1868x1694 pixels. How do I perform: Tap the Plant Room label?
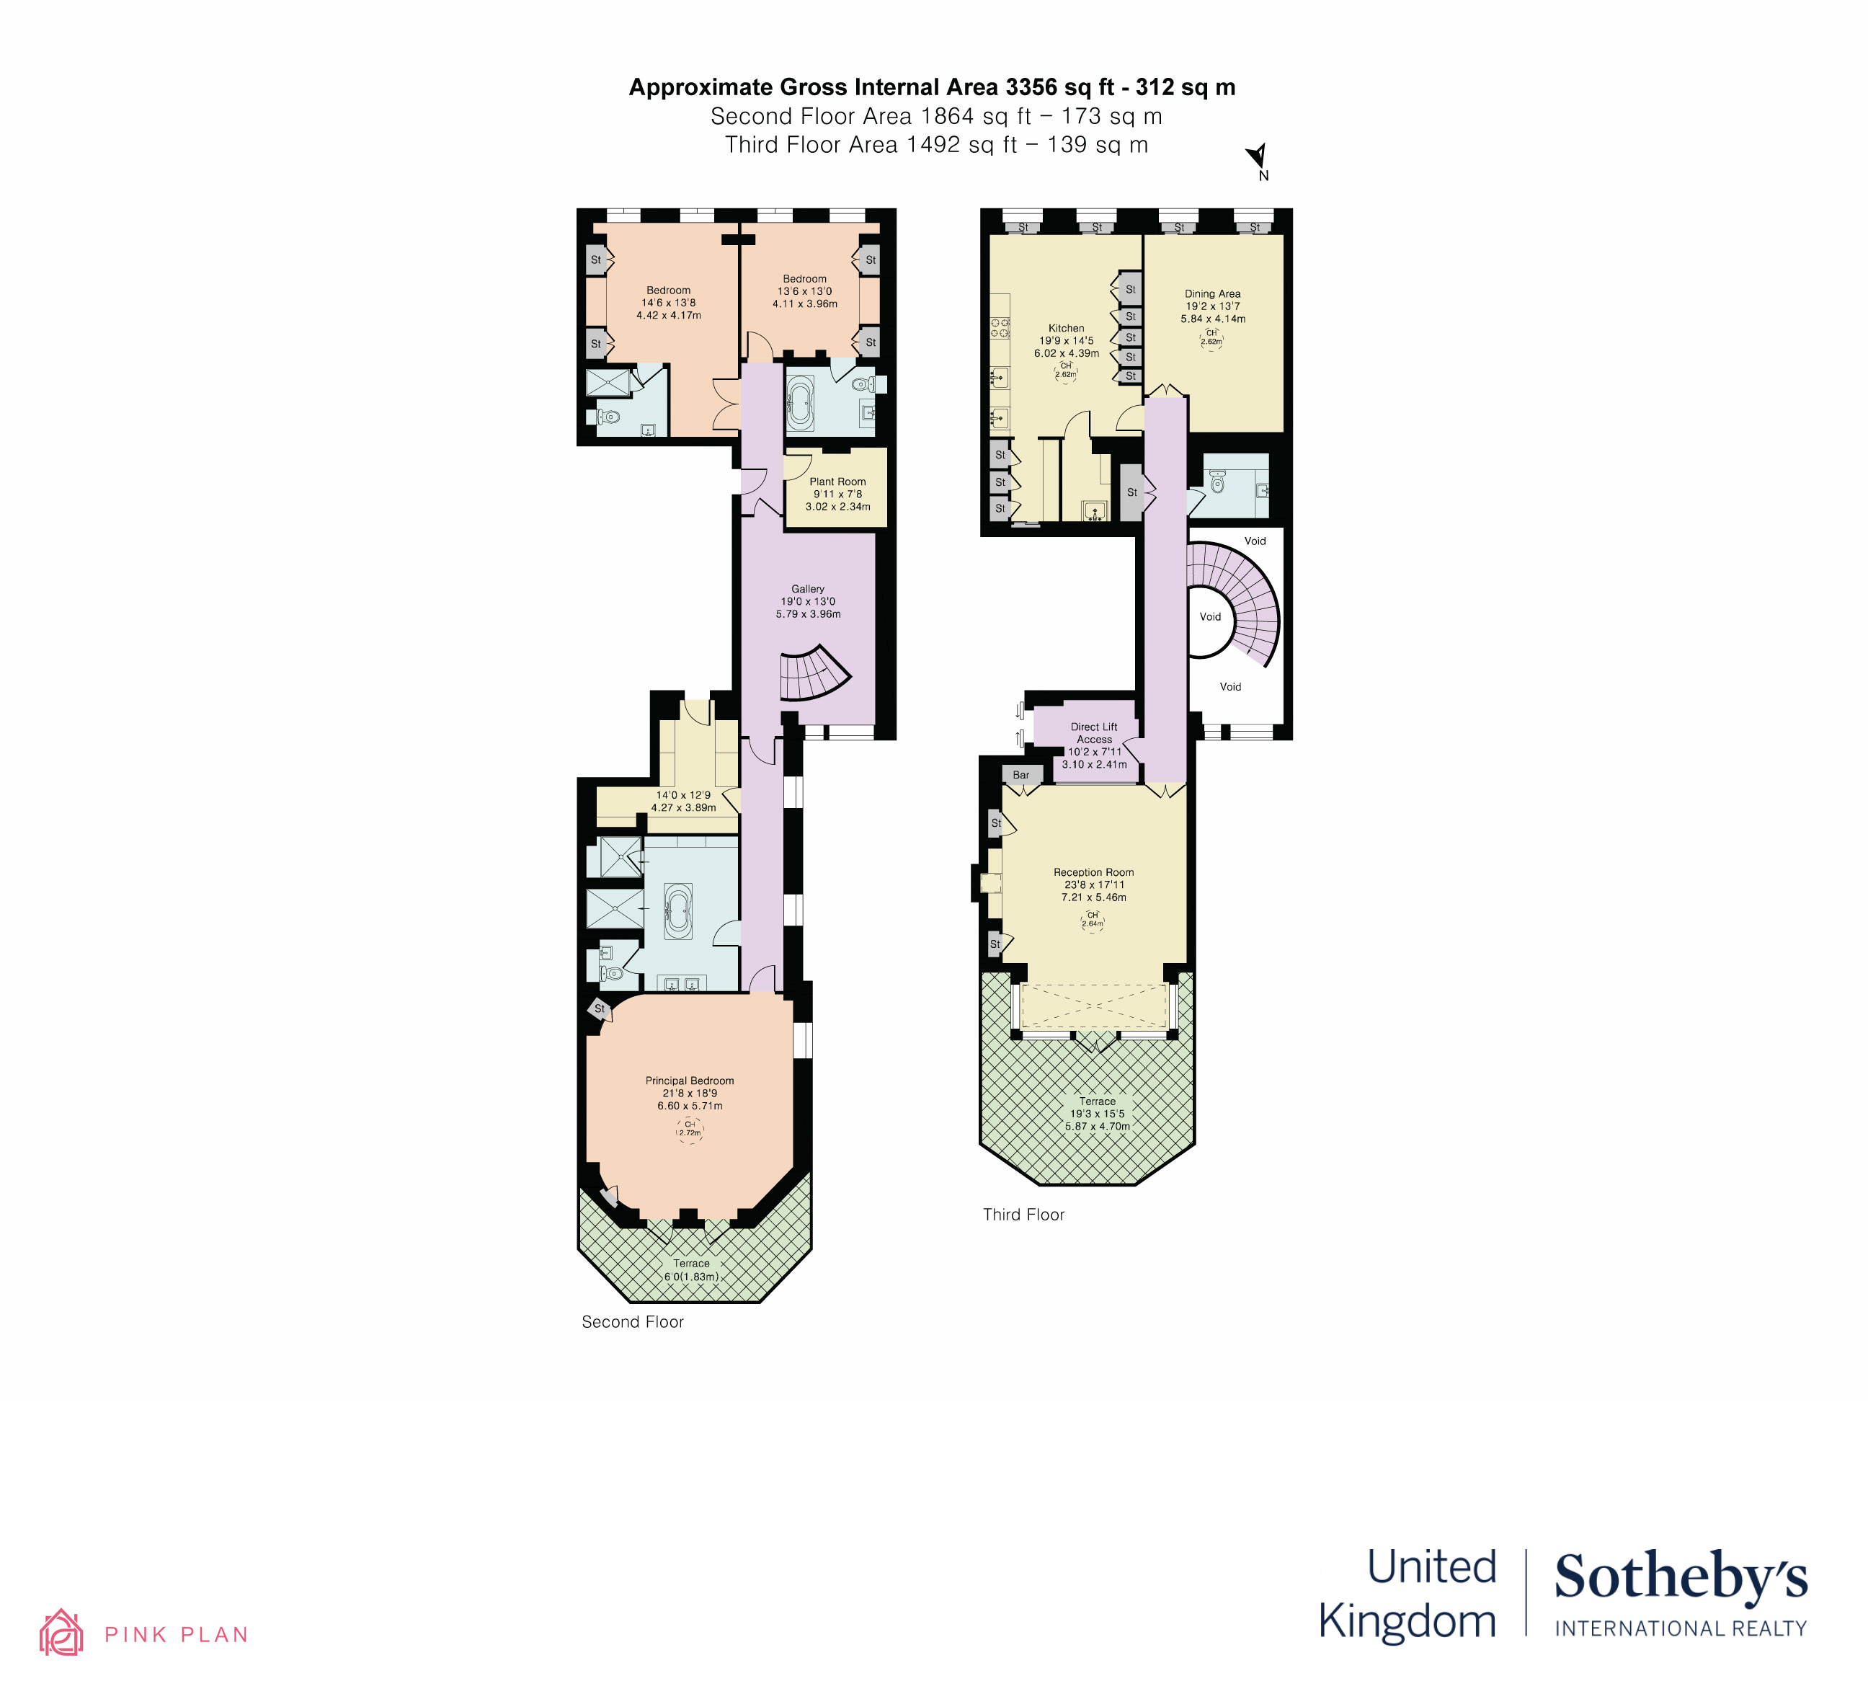tap(837, 482)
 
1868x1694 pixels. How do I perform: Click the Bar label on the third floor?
tap(1020, 775)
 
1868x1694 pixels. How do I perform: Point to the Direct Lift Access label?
tap(1093, 733)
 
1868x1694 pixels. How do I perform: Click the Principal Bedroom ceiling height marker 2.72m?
tap(690, 1129)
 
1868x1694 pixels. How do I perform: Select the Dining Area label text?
tap(1212, 294)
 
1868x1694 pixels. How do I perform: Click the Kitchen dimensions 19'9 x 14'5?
tap(1066, 341)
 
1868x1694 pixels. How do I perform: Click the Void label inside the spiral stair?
tap(1210, 617)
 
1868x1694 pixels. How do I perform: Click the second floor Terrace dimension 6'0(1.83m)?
tap(690, 1277)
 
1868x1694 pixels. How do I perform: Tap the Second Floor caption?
tap(632, 1322)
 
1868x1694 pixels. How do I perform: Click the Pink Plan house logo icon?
tap(61, 1633)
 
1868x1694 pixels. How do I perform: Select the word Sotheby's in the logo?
tap(1680, 1577)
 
